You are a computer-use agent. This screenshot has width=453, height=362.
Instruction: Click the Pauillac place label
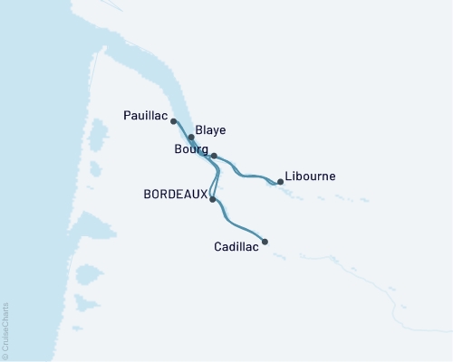point(145,115)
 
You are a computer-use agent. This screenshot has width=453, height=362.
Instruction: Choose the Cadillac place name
point(236,245)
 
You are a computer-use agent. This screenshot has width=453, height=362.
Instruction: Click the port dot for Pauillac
point(173,120)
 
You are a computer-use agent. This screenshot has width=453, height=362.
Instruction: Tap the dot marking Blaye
point(191,138)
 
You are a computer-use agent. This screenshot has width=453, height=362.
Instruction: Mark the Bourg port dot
point(214,156)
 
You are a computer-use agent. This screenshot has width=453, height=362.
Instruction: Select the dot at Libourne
point(281,182)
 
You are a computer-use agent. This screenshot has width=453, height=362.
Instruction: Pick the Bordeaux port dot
point(212,199)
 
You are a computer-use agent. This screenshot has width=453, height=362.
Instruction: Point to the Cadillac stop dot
point(265,242)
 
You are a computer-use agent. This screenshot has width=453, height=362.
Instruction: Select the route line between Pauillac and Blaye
point(181,129)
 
